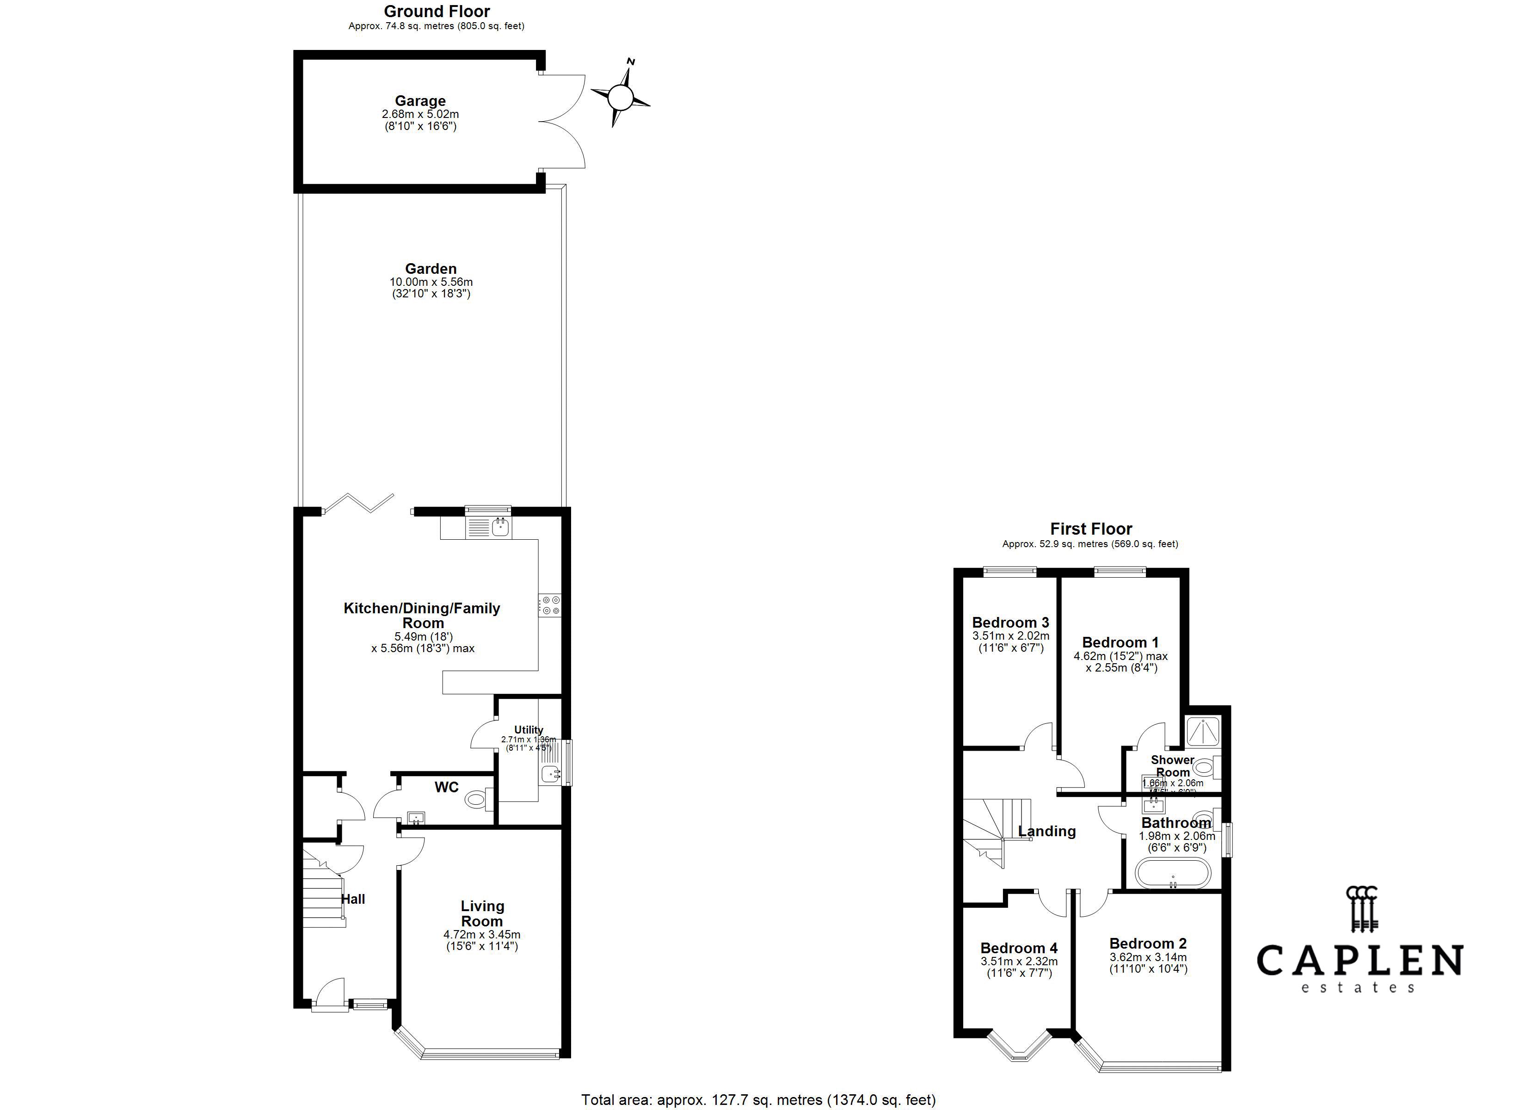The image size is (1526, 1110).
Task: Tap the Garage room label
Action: (420, 101)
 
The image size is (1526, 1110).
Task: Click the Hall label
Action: (352, 899)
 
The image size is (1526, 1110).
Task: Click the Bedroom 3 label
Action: (1010, 623)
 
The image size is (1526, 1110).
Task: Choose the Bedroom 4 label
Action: (1019, 949)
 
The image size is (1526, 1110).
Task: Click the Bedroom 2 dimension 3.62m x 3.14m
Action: (1148, 957)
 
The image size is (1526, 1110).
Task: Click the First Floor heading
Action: (1091, 529)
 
